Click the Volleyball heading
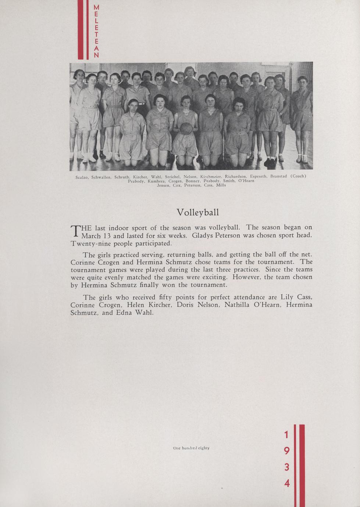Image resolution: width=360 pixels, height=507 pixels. (x=197, y=212)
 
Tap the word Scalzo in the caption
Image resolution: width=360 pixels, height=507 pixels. (x=82, y=177)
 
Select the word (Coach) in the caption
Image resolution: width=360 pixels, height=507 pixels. (x=298, y=176)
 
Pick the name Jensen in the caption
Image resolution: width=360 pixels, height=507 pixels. (x=163, y=185)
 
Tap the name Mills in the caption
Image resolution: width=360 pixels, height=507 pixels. (x=221, y=185)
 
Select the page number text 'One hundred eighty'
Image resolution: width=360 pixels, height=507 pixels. (x=191, y=448)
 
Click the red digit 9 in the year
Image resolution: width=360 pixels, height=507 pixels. (x=287, y=451)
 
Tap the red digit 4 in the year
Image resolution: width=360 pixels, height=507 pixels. (x=287, y=483)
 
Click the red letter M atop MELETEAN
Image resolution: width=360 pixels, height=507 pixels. (x=96, y=7)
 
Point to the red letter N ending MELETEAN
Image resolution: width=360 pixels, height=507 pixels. (x=96, y=55)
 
